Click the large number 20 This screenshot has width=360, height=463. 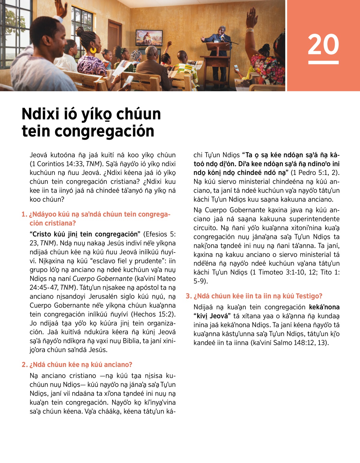(323, 44)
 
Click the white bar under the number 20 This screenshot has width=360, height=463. (323, 62)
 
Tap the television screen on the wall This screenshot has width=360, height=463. (149, 38)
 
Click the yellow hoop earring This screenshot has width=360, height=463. (93, 50)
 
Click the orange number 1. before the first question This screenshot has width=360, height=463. (24, 214)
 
